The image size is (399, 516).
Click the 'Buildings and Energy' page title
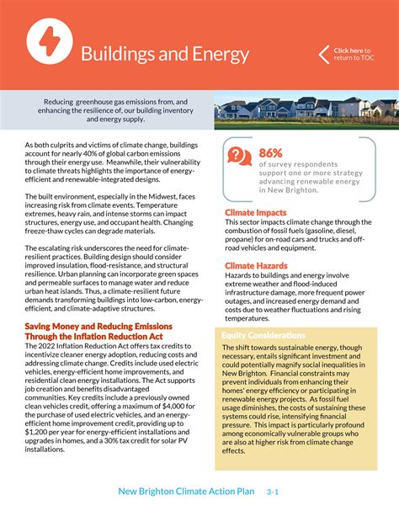(x=164, y=55)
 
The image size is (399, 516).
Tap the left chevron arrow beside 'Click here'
(x=324, y=55)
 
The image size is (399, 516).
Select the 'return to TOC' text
(x=355, y=59)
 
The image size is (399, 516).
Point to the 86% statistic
(x=271, y=152)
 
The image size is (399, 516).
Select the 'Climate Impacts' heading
(x=255, y=213)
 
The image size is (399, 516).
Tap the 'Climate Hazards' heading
(x=257, y=266)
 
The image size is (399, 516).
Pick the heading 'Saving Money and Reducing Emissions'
(x=98, y=326)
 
